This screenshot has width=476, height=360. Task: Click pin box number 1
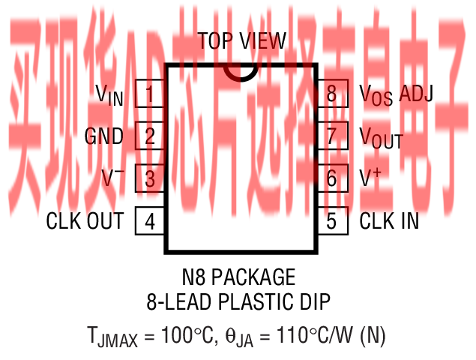(x=149, y=94)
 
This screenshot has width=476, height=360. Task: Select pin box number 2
(x=149, y=136)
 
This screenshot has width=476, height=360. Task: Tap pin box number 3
(x=149, y=178)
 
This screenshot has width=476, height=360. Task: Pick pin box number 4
(x=149, y=221)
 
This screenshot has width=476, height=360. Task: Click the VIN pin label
(x=109, y=94)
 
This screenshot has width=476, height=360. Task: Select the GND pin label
(x=104, y=136)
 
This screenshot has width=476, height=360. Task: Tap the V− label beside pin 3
(x=112, y=178)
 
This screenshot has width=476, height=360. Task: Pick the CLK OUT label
(x=85, y=221)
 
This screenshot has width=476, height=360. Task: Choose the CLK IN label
(x=389, y=221)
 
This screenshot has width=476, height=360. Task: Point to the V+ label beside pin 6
(x=371, y=178)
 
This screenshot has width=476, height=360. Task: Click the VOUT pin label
(x=381, y=138)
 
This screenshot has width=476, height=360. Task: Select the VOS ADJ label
(x=397, y=95)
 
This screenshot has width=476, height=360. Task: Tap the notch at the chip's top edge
(x=241, y=70)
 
